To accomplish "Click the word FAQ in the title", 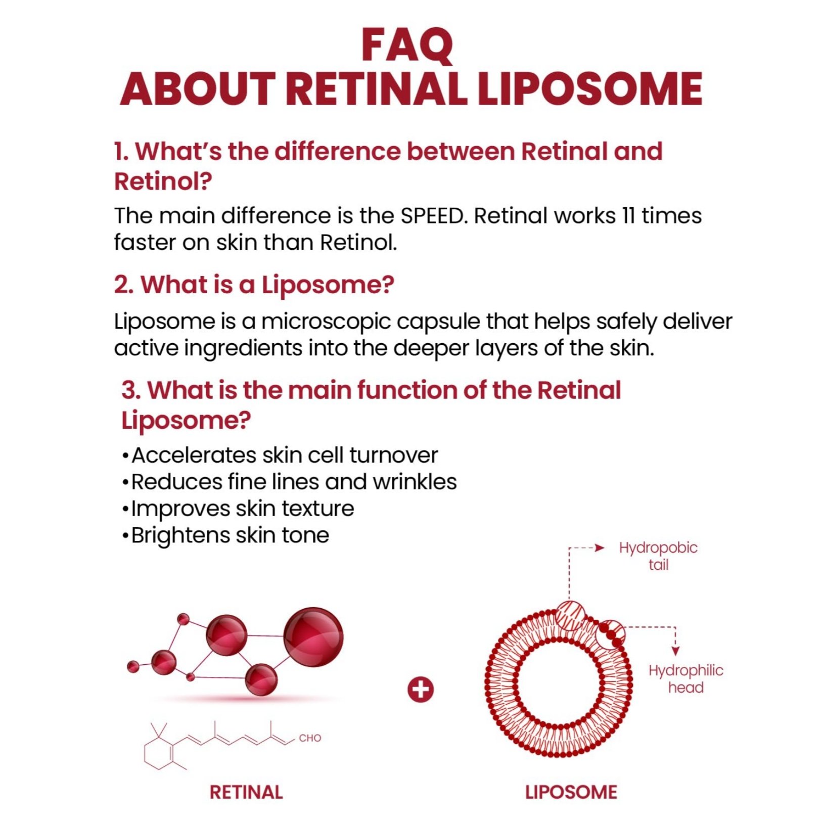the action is (407, 45).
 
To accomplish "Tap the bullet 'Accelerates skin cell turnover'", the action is (280, 455).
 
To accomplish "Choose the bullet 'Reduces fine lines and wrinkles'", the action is (289, 482).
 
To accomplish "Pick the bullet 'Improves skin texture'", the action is (238, 509).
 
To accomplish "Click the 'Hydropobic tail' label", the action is (658, 556).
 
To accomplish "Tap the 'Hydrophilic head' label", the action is (686, 679).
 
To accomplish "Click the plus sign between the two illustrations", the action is (421, 689).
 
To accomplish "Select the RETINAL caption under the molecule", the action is (246, 792).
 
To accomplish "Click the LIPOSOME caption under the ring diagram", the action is (571, 792).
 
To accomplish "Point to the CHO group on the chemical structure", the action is (310, 738).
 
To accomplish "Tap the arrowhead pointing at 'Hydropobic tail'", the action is (600, 548).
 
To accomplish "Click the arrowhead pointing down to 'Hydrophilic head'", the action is (675, 651).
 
